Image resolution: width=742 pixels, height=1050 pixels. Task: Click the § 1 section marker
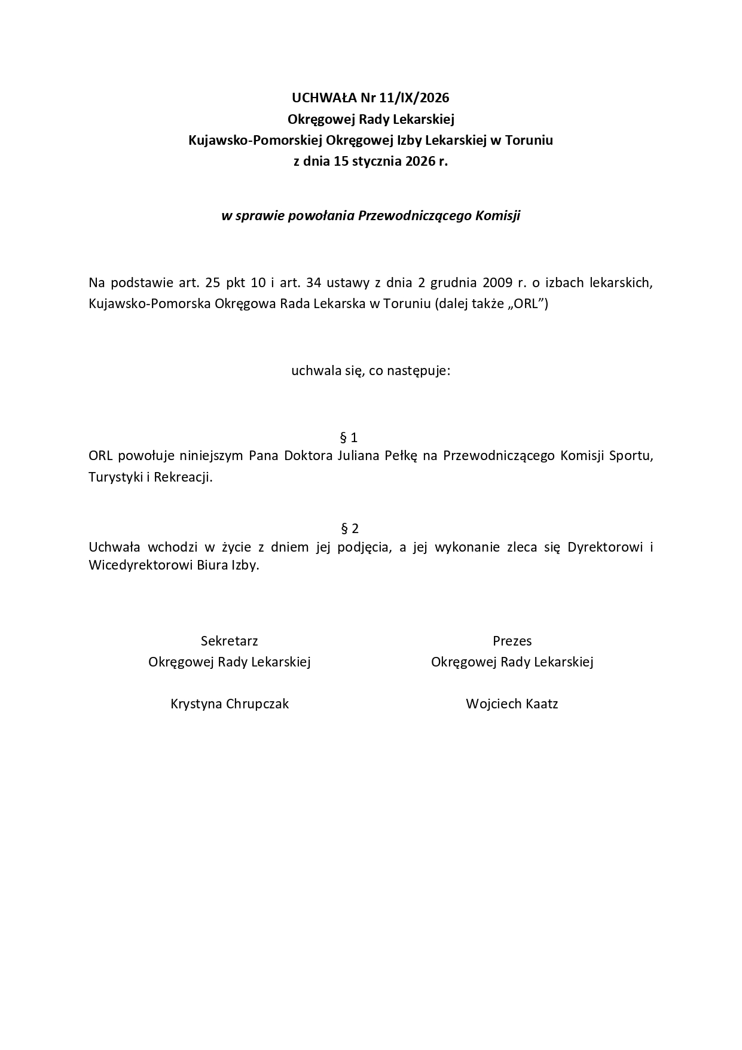(349, 437)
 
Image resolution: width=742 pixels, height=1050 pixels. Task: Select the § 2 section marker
(349, 528)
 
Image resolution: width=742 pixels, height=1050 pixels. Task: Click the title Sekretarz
(230, 641)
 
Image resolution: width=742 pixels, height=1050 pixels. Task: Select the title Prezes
(512, 641)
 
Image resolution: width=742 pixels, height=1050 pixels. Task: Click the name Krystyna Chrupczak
(230, 704)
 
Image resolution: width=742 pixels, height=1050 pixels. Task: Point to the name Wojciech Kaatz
(512, 704)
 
